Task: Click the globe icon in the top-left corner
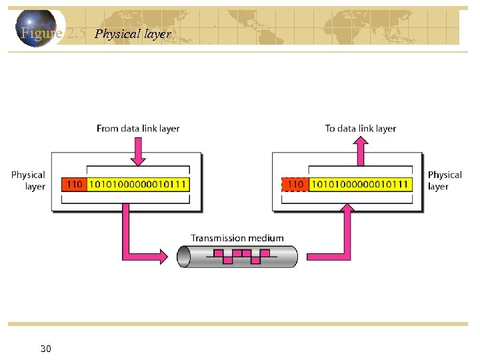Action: pyautogui.click(x=37, y=28)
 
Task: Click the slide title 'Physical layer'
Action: pyautogui.click(x=133, y=33)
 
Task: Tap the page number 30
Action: pyautogui.click(x=46, y=349)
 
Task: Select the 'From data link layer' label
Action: pyautogui.click(x=138, y=128)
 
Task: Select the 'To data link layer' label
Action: pyautogui.click(x=361, y=128)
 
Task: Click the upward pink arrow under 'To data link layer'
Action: pyautogui.click(x=361, y=149)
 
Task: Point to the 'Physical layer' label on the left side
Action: pyautogui.click(x=28, y=181)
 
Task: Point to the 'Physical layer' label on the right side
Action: pyautogui.click(x=444, y=181)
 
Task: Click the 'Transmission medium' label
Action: pyautogui.click(x=237, y=238)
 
